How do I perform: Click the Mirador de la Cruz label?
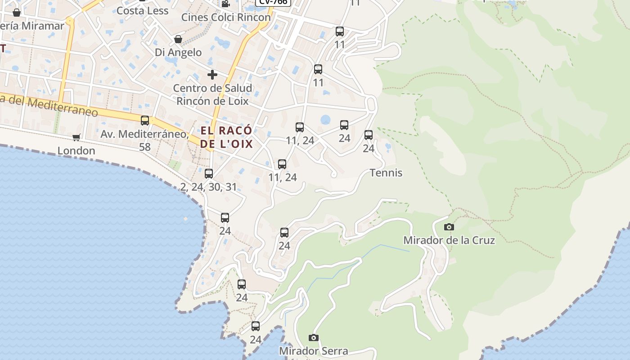[x=449, y=240]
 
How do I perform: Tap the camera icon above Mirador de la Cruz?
[x=449, y=227]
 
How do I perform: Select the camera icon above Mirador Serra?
[x=314, y=337]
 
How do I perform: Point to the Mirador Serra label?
[x=314, y=351]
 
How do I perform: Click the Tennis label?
[x=386, y=173]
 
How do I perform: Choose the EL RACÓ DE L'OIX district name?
[x=226, y=137]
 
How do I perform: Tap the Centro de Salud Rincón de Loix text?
[x=212, y=94]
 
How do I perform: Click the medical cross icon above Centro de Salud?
[x=212, y=74]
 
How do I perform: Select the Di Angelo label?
[x=178, y=52]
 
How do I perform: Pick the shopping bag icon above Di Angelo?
[x=178, y=39]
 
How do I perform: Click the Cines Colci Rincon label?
[x=226, y=17]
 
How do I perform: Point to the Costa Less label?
[x=142, y=10]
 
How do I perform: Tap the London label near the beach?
[x=76, y=150]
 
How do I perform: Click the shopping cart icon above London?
[x=76, y=137]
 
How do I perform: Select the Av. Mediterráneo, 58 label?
[x=144, y=140]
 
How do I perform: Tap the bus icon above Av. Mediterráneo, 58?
[x=144, y=121]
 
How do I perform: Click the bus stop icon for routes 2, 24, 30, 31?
[x=209, y=174]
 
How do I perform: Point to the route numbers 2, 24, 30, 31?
[x=208, y=187]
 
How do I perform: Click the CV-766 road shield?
[x=273, y=2]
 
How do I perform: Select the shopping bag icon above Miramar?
[x=17, y=13]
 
